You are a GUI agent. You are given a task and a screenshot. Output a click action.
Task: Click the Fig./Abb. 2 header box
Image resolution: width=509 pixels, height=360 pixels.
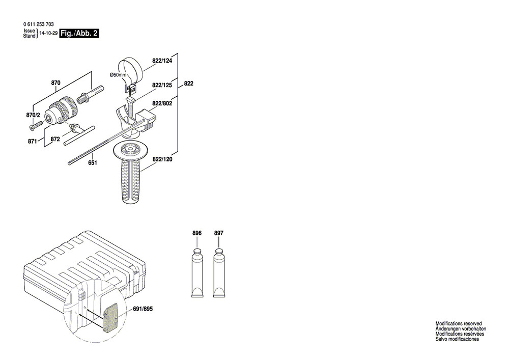tap(79, 34)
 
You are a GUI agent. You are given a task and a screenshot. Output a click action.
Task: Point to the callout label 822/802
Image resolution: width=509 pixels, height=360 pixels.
tap(162, 103)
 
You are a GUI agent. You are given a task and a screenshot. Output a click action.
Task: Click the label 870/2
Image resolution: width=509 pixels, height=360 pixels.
tap(33, 116)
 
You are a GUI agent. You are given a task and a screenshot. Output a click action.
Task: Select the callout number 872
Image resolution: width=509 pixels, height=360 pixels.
tap(55, 139)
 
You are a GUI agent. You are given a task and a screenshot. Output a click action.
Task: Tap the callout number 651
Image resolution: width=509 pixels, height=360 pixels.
tap(93, 163)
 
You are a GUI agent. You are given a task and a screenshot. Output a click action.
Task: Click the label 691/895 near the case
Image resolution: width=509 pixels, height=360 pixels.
tap(143, 309)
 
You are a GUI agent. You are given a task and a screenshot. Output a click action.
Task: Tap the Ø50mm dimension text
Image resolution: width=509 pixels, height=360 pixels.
tap(118, 75)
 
